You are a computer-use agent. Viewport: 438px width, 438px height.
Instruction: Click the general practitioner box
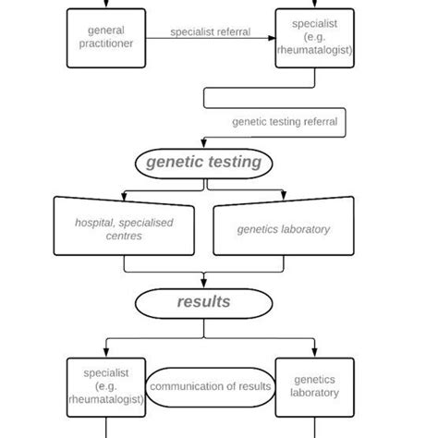pos(106,37)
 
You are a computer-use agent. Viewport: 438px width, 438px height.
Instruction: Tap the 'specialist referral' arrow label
pos(210,32)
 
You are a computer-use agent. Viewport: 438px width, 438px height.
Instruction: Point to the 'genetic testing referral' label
pos(284,121)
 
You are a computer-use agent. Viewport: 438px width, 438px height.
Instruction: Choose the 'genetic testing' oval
pos(204,163)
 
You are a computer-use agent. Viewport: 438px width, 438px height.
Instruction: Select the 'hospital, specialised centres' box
pos(124,227)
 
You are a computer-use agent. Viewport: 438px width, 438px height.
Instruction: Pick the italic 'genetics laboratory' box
pos(283,228)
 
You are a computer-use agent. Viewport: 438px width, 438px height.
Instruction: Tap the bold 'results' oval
pos(204,302)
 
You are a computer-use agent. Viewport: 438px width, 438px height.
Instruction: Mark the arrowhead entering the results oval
pos(204,286)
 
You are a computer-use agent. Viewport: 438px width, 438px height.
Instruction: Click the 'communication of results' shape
pos(210,386)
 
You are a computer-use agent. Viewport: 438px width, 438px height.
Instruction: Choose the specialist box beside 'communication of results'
pos(106,386)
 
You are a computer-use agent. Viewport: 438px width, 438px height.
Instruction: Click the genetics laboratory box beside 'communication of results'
pos(314,386)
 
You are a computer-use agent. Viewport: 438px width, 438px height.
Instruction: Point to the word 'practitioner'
pos(106,43)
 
